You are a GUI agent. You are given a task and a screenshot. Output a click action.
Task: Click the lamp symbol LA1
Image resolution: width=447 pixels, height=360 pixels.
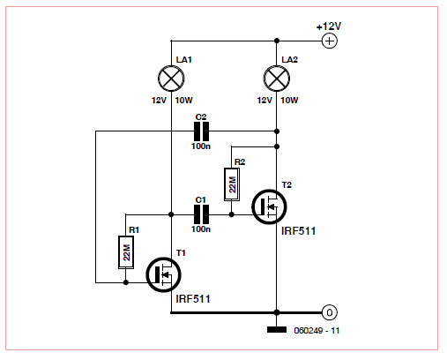(171, 79)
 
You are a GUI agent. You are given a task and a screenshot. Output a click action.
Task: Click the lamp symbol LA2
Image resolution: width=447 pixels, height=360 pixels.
(277, 79)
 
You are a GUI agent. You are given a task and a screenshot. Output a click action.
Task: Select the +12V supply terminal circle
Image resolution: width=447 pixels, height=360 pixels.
(330, 41)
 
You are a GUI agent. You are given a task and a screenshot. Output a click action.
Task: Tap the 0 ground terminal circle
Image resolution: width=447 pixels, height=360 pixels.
(330, 312)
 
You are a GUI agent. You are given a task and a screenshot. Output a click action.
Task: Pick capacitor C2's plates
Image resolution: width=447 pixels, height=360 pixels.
(201, 131)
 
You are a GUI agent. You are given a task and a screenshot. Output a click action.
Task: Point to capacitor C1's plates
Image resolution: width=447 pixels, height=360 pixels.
(201, 214)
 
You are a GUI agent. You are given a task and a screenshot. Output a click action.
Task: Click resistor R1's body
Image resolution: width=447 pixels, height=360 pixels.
(126, 252)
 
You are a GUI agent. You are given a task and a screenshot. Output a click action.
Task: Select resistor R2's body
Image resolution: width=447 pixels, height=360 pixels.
(232, 184)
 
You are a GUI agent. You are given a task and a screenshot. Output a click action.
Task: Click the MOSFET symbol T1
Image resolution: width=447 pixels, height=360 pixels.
(163, 274)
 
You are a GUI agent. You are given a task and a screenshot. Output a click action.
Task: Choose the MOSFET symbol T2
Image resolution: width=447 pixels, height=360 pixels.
(269, 206)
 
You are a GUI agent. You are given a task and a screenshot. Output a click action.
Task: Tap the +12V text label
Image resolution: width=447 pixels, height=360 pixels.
(329, 26)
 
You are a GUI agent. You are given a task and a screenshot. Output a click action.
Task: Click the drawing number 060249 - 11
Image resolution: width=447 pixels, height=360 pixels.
(317, 331)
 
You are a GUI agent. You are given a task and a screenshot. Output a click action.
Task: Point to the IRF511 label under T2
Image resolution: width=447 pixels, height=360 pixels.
(299, 231)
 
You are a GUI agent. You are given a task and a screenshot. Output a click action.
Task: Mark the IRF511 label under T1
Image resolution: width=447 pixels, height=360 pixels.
(193, 299)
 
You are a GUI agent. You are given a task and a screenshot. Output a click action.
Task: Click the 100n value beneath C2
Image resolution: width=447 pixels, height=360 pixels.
(201, 146)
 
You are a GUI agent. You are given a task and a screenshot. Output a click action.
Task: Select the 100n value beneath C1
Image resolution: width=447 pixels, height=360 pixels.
(201, 229)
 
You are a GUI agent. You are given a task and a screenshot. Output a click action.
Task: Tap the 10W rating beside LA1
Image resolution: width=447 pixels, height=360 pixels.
(184, 101)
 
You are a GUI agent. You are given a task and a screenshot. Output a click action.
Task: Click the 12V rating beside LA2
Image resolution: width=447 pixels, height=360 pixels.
(264, 101)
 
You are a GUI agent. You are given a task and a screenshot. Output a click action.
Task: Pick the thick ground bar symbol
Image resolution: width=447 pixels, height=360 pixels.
(277, 330)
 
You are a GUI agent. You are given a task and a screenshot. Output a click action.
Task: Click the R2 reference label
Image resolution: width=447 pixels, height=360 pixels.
(240, 162)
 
